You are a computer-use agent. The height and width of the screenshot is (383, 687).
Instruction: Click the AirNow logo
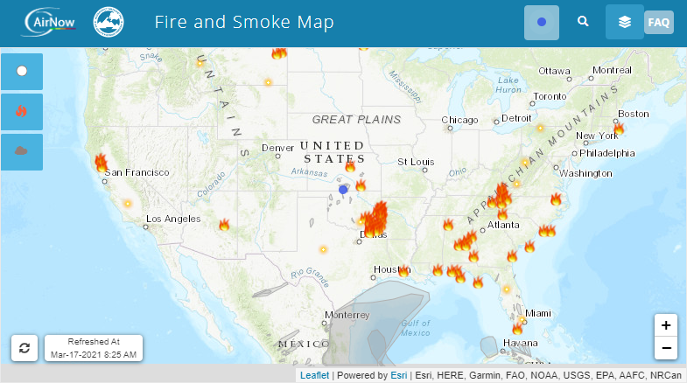[x=50, y=21]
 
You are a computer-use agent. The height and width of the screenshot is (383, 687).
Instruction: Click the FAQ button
[x=658, y=23]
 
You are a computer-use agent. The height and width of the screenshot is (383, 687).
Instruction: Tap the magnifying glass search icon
[x=583, y=22]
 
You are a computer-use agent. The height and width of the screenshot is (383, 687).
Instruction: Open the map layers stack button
[x=624, y=22]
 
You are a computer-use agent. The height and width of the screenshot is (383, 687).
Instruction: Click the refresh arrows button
[x=25, y=347]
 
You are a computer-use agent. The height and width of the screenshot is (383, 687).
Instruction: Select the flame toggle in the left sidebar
[x=22, y=111]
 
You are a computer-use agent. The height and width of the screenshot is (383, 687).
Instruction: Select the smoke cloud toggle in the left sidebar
[x=22, y=151]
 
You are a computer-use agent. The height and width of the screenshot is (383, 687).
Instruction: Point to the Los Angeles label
[x=173, y=219]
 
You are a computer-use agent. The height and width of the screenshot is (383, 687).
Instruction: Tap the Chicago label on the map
[x=459, y=120]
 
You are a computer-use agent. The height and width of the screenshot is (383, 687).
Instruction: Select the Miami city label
[x=538, y=313]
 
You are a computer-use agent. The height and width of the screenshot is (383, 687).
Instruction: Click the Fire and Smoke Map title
[x=244, y=22]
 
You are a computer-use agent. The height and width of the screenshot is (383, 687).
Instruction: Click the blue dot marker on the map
[x=343, y=189]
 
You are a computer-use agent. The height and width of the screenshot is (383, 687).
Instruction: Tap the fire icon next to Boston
[x=619, y=129]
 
